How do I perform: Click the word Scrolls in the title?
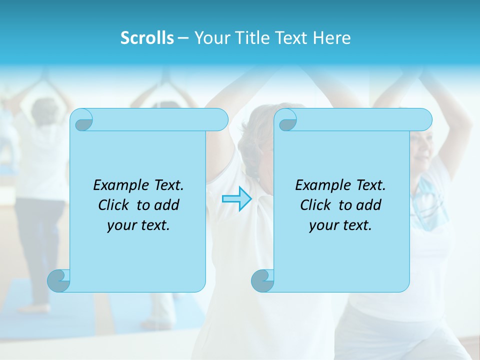147,38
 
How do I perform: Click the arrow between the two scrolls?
236,199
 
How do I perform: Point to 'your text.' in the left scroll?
138,225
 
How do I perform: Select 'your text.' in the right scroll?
340,225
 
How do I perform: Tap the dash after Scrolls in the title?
183,38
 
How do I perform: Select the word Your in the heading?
211,38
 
